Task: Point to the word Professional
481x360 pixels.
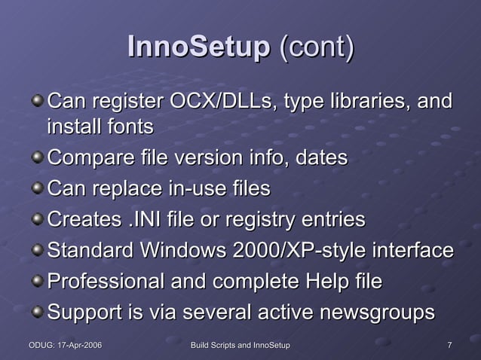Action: tap(105, 282)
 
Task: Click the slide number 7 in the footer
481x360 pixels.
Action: tap(450, 345)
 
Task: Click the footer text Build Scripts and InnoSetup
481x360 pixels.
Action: tap(240, 345)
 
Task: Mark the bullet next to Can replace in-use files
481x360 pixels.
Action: tap(37, 188)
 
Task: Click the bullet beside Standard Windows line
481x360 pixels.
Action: tap(37, 250)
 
